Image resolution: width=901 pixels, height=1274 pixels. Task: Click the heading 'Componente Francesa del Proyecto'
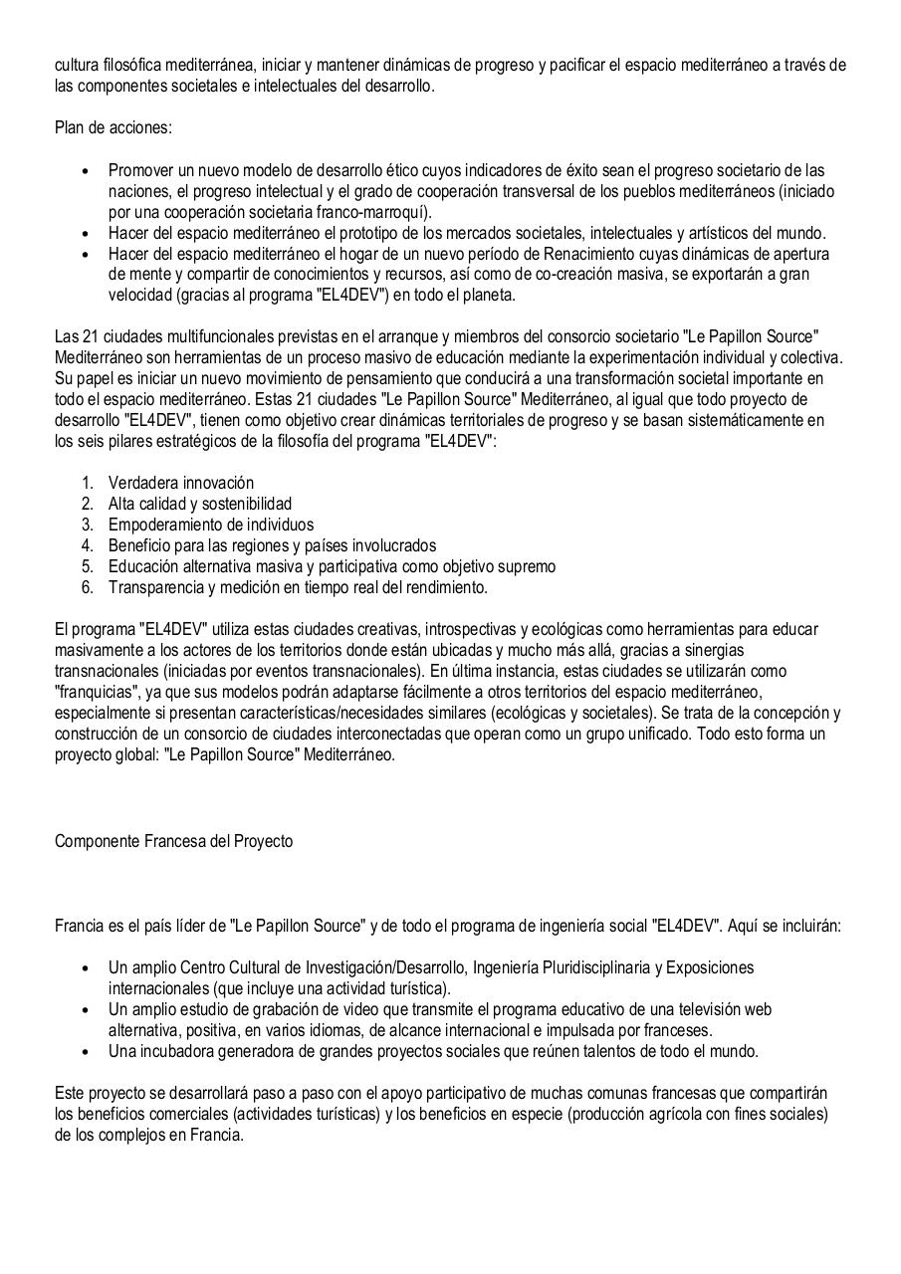[173, 841]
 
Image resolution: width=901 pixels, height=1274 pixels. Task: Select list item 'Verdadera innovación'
[181, 483]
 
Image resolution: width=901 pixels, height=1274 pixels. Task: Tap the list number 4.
[88, 545]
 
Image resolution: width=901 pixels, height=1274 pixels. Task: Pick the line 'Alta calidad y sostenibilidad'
[200, 504]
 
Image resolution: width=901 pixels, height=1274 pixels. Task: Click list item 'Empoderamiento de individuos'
[211, 525]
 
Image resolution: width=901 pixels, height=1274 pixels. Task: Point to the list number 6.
[88, 587]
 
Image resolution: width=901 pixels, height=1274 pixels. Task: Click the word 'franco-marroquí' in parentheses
[377, 212]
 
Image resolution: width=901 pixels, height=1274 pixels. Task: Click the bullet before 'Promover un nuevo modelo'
[86, 171]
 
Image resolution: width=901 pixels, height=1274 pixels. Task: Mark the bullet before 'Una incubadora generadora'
[86, 1051]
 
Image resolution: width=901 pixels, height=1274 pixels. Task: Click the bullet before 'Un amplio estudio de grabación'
[86, 1009]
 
